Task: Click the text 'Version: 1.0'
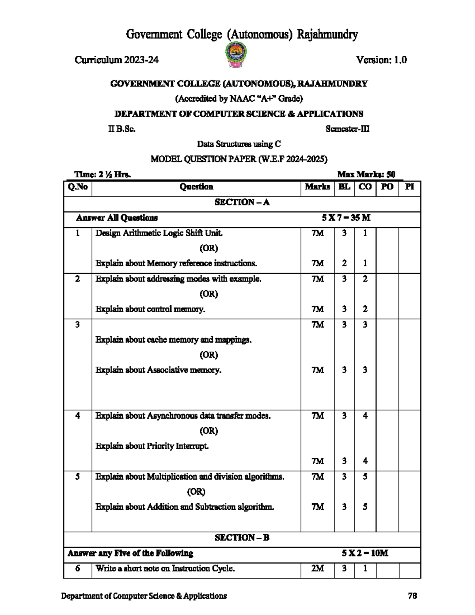[381, 60]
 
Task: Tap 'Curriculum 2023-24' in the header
[117, 60]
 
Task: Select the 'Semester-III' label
[347, 129]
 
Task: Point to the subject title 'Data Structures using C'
[239, 144]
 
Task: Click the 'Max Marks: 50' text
[366, 174]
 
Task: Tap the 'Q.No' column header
[78, 187]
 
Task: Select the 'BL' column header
[344, 187]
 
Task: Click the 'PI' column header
[409, 187]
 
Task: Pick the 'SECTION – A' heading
[242, 202]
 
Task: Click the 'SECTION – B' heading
[242, 538]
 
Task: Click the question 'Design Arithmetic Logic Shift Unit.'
[159, 233]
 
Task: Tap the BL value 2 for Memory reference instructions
[344, 263]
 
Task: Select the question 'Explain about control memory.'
[150, 309]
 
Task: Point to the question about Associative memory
[158, 370]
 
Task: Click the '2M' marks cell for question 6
[317, 569]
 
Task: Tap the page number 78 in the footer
[412, 596]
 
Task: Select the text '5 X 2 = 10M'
[365, 553]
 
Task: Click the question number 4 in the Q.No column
[78, 416]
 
